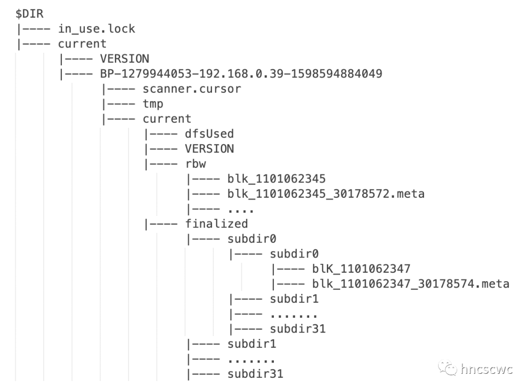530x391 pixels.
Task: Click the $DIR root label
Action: point(30,14)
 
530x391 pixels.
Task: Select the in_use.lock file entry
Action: point(96,29)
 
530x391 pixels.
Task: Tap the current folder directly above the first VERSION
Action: point(82,44)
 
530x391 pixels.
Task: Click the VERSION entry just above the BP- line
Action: point(124,59)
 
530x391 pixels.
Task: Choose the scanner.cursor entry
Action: point(192,89)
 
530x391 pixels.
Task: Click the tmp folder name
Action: point(153,104)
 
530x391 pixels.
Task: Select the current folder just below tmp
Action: point(167,119)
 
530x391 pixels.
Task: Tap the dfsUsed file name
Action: point(210,133)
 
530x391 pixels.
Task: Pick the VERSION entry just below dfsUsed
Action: point(210,149)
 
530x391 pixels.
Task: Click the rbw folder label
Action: point(195,163)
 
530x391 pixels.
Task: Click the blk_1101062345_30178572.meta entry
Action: point(326,194)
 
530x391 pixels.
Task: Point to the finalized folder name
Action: point(216,224)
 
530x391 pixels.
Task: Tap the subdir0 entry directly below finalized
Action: point(252,239)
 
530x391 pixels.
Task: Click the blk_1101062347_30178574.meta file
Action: point(411,284)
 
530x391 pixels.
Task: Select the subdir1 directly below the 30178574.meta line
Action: point(294,299)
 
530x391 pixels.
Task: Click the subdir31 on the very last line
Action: point(255,374)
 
